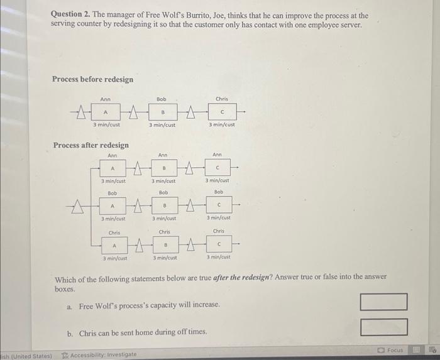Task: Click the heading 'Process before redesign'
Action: coord(92,79)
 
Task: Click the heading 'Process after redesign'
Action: coord(91,145)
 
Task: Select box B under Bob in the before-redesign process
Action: coord(162,113)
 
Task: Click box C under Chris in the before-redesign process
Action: coord(221,113)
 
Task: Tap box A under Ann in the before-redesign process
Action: coord(105,113)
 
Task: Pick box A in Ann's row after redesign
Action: coord(113,168)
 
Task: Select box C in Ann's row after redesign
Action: coord(217,168)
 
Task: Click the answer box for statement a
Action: coord(383,302)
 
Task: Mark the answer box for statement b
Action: coord(383,327)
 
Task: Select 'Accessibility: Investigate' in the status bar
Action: coord(101,354)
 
